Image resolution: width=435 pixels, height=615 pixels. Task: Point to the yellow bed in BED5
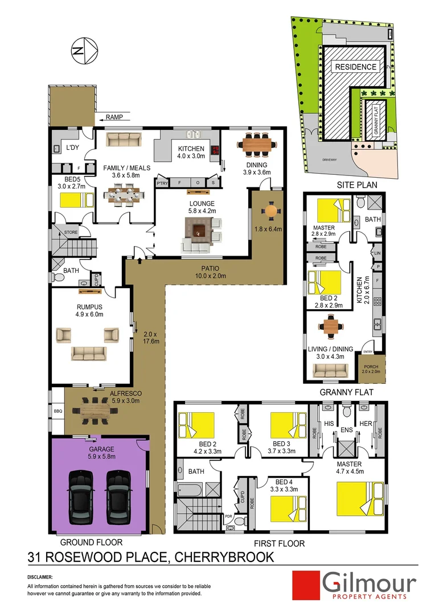click(76, 200)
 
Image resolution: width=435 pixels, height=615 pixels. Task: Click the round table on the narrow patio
click(271, 210)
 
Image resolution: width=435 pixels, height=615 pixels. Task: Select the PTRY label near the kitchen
click(163, 183)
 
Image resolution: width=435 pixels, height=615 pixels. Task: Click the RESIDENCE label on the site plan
click(355, 67)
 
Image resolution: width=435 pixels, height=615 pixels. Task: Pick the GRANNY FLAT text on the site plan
click(376, 120)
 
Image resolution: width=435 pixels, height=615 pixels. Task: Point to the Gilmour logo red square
click(305, 585)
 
